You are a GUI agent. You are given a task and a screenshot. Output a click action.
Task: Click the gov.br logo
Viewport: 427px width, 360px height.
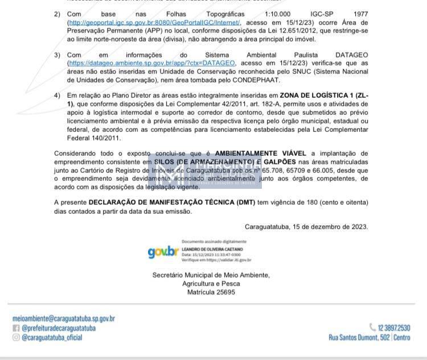click(163, 252)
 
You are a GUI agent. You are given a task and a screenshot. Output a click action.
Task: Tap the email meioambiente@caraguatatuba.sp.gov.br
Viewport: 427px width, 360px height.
click(63, 318)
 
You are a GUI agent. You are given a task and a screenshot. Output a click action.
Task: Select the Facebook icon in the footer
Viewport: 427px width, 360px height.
click(16, 328)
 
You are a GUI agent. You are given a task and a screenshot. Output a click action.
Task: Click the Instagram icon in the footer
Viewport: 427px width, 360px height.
click(16, 337)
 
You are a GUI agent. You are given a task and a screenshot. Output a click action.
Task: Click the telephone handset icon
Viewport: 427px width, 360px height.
click(373, 327)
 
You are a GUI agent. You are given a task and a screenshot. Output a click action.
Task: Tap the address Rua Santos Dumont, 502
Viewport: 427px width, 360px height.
click(359, 337)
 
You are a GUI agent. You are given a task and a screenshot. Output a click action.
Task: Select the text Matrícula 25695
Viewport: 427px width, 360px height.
click(211, 292)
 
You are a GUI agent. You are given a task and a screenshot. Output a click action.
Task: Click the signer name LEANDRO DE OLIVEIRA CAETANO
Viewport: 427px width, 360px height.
click(212, 249)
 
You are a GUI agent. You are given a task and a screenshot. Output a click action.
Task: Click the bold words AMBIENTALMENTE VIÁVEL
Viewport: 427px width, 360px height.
click(260, 154)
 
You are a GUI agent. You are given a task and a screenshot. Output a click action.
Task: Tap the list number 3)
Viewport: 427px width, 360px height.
click(57, 55)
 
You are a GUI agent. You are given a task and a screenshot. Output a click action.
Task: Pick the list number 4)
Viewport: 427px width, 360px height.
click(57, 96)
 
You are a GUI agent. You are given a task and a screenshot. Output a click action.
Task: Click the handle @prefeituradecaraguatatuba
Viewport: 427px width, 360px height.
click(59, 328)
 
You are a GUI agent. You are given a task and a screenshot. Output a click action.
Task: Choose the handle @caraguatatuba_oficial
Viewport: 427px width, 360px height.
click(52, 337)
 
